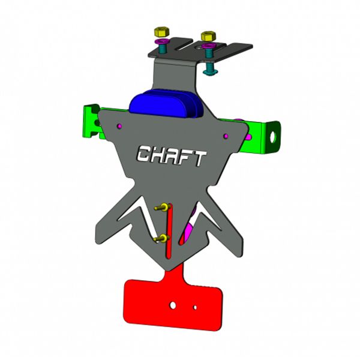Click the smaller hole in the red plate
(196, 308)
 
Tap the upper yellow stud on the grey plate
(160, 208)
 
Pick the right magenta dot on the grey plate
(227, 136)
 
